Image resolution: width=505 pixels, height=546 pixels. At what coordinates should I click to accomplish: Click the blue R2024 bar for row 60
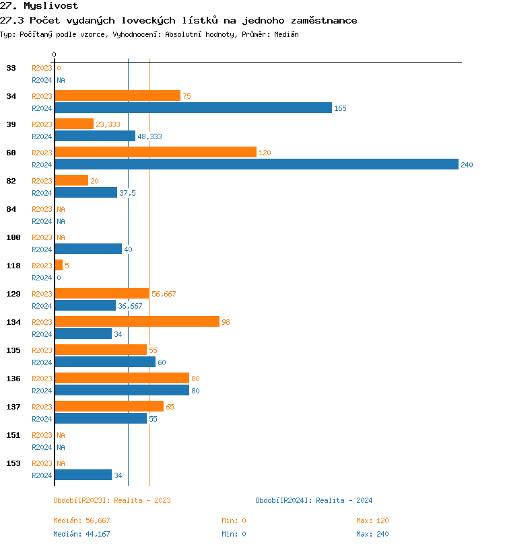pos(256,164)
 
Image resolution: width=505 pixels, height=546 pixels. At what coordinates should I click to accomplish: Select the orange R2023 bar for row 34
pos(117,95)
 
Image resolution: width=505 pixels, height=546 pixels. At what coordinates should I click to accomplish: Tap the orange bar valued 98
pos(137,321)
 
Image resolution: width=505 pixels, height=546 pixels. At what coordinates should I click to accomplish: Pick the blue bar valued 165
pos(193,108)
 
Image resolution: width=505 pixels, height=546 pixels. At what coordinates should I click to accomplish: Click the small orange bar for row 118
pos(59,265)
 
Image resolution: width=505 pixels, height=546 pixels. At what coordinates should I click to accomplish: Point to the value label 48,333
pos(149,136)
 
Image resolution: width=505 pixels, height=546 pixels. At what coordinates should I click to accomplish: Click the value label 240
pos(467,165)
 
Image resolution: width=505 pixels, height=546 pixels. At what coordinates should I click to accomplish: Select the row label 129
pos(13,294)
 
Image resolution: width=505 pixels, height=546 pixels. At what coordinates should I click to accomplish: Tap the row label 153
pos(13,463)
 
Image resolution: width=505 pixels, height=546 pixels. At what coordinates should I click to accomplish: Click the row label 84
pos(11,209)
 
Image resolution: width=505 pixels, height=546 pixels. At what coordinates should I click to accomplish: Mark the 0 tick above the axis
pos(55,54)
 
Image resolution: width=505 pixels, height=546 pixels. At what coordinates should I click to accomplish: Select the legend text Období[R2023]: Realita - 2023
pos(112,500)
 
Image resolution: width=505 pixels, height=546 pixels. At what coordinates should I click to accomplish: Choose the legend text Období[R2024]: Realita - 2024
pos(314,500)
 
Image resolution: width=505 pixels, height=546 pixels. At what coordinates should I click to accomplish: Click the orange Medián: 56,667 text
pos(81,520)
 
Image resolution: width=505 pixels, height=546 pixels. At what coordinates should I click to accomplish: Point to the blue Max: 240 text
pos(372,534)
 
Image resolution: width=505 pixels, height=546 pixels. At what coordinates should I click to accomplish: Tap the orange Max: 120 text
pos(372,520)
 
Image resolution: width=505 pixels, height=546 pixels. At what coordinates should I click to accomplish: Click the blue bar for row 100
pos(88,249)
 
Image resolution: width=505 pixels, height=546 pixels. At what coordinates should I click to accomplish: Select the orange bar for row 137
pos(109,406)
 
